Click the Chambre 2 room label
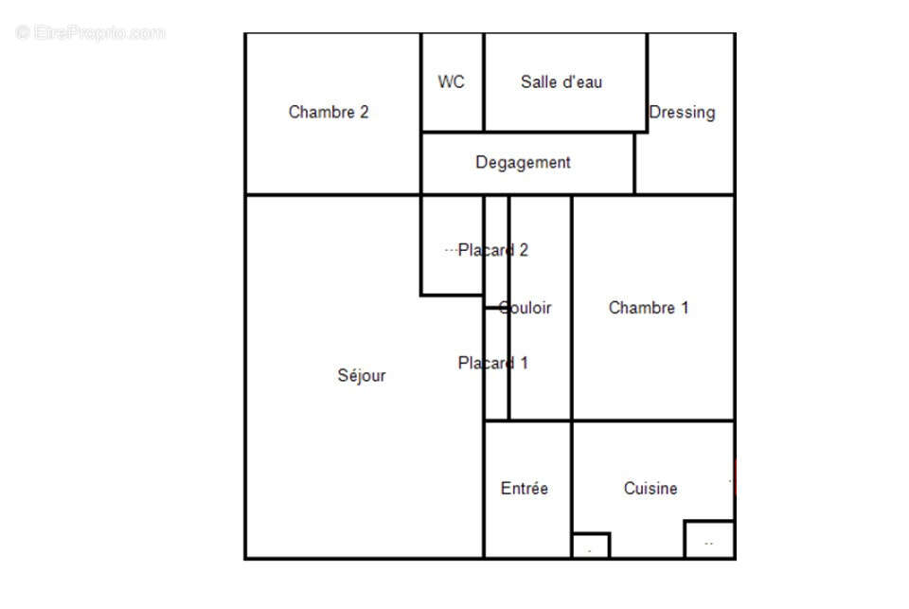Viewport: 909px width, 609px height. (x=328, y=112)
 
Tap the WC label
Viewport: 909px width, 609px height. (x=452, y=81)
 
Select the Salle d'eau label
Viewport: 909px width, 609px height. (x=561, y=81)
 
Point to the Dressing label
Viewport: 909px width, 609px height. (x=682, y=112)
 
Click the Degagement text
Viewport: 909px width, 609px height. (x=523, y=162)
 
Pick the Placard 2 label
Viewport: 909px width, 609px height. (x=492, y=250)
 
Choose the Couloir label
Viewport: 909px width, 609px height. (x=526, y=307)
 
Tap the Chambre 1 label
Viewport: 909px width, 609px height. (x=649, y=307)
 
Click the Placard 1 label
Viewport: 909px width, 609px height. (x=492, y=363)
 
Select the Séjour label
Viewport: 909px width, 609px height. (x=362, y=375)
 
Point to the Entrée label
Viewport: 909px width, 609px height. (x=524, y=489)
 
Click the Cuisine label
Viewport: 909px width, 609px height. (x=651, y=489)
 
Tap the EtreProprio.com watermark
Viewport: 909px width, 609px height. (x=91, y=33)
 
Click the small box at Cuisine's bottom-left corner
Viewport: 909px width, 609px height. (x=591, y=546)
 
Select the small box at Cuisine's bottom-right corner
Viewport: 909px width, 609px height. (x=709, y=539)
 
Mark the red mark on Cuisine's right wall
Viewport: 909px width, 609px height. (x=734, y=478)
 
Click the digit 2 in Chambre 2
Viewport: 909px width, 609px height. (x=364, y=112)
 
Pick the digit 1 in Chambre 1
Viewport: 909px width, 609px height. (x=685, y=307)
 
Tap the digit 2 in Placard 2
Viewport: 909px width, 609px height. (x=524, y=250)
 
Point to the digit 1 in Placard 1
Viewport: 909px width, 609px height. (x=524, y=363)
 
